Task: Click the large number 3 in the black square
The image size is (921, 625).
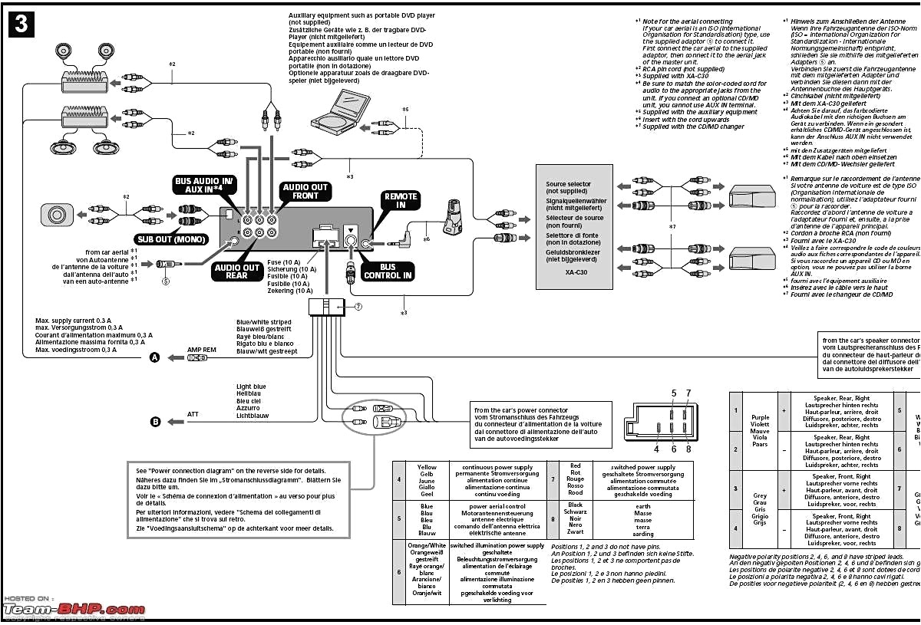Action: (21, 24)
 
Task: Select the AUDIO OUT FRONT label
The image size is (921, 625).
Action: (305, 192)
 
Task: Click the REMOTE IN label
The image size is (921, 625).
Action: (401, 201)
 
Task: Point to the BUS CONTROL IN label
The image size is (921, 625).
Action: (388, 271)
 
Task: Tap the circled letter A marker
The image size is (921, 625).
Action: (155, 357)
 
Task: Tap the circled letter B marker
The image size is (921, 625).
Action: (155, 421)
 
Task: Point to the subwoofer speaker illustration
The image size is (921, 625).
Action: (59, 214)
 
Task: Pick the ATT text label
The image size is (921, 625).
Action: (193, 414)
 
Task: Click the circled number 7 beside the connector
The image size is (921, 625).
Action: (358, 306)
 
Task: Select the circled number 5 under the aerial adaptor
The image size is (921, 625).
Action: (164, 281)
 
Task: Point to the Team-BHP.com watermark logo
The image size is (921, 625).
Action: (73, 609)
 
